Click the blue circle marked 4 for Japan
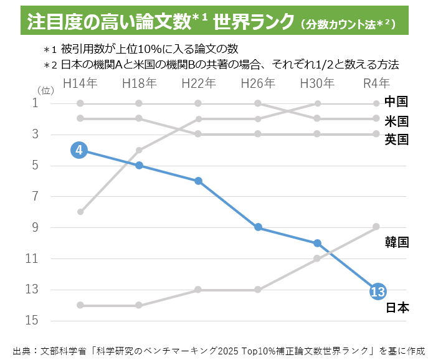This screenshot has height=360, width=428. click(79, 150)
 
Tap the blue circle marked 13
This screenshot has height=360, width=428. click(378, 291)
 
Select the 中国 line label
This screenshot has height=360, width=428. click(396, 102)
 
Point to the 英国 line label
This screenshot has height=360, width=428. click(396, 139)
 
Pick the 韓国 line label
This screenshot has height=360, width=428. click(396, 242)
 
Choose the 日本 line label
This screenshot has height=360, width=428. click(396, 307)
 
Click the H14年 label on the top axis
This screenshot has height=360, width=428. click(79, 83)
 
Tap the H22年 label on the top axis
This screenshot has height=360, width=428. click(198, 83)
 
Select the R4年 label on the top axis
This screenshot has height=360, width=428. click(376, 83)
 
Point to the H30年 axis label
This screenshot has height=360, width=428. click(317, 83)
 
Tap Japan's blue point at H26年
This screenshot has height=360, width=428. click(258, 227)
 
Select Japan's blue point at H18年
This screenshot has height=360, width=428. click(139, 166)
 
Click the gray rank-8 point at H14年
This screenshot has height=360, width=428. click(80, 212)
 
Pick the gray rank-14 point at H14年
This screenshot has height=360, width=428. click(80, 305)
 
